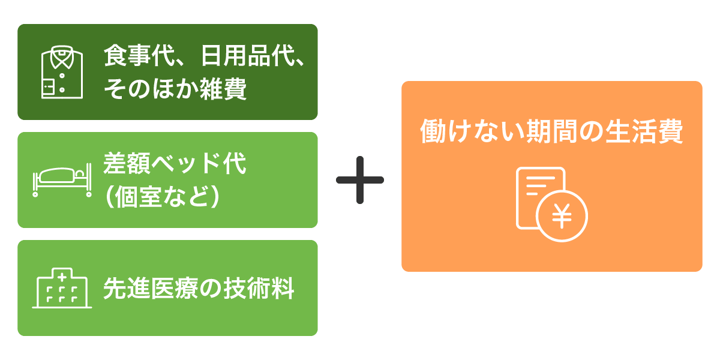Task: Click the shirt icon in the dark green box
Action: (62, 73)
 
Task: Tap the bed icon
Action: (62, 181)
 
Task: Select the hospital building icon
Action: (62, 289)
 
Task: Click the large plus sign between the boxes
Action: (359, 180)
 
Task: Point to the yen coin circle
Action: (562, 217)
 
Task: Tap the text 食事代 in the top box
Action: (133, 58)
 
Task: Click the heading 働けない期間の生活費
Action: (551, 132)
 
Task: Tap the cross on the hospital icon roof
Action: (62, 277)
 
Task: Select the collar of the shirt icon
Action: (62, 57)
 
